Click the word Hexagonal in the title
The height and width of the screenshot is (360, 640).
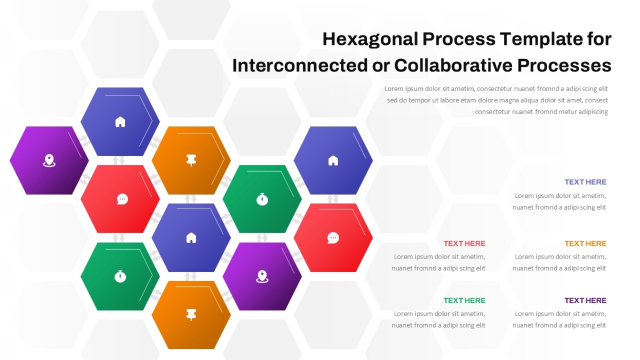tap(370, 39)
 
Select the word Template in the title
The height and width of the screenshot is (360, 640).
tap(541, 39)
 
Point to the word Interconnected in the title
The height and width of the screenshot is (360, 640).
tap(300, 66)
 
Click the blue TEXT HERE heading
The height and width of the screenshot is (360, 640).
tap(585, 182)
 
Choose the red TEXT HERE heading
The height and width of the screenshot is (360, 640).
tap(465, 243)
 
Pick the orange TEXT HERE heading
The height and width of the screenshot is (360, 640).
tap(585, 243)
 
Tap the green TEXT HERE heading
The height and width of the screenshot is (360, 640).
tap(465, 301)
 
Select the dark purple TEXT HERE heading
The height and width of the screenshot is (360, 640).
tap(585, 301)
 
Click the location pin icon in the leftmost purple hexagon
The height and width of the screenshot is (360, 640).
tap(49, 161)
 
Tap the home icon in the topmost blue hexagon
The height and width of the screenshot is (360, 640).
tap(120, 122)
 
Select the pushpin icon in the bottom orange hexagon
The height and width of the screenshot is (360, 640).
tap(191, 315)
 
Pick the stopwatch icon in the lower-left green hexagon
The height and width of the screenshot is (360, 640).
tap(120, 276)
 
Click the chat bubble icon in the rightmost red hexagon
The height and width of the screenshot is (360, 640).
tap(333, 238)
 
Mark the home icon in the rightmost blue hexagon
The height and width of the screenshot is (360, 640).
tap(333, 161)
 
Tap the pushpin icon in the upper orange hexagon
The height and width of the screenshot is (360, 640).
tap(191, 161)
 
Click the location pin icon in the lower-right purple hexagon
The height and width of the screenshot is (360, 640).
tap(262, 277)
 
